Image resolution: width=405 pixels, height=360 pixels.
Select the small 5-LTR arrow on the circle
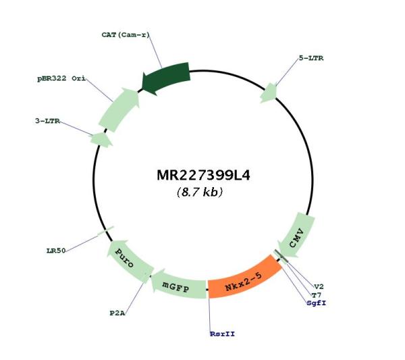click(x=269, y=93)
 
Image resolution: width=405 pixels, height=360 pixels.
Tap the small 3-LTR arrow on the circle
click(x=101, y=140)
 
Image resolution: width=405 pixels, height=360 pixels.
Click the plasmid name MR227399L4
click(x=204, y=175)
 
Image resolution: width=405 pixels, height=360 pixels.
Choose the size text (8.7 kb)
click(x=200, y=192)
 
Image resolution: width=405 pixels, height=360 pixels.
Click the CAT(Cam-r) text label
click(x=126, y=34)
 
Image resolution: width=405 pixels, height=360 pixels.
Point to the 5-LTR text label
click(x=311, y=58)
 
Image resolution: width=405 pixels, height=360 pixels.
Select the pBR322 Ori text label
click(x=61, y=78)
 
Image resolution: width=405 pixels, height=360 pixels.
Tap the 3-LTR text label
click(x=47, y=121)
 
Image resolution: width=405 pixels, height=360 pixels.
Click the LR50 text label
click(x=56, y=251)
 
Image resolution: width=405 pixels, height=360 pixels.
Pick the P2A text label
click(x=117, y=313)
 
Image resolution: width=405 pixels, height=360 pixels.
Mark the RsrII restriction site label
click(x=223, y=334)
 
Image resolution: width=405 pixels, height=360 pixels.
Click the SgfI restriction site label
click(x=317, y=303)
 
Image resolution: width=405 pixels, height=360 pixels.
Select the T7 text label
click(x=317, y=295)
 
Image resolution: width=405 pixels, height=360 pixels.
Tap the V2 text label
click(x=319, y=286)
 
